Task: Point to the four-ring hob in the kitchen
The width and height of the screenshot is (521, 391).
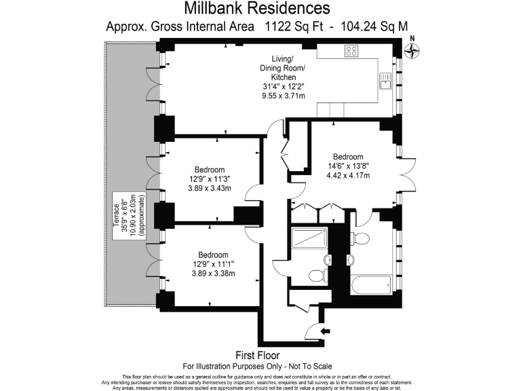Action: click(x=351, y=50)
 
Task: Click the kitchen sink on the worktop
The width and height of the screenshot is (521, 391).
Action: click(x=384, y=81)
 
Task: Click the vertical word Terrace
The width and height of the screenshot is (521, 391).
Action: click(x=116, y=215)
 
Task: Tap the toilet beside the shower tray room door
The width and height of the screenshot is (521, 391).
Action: click(x=315, y=275)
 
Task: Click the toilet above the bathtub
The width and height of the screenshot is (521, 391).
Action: click(x=361, y=238)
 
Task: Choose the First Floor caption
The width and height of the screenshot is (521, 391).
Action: click(x=260, y=355)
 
